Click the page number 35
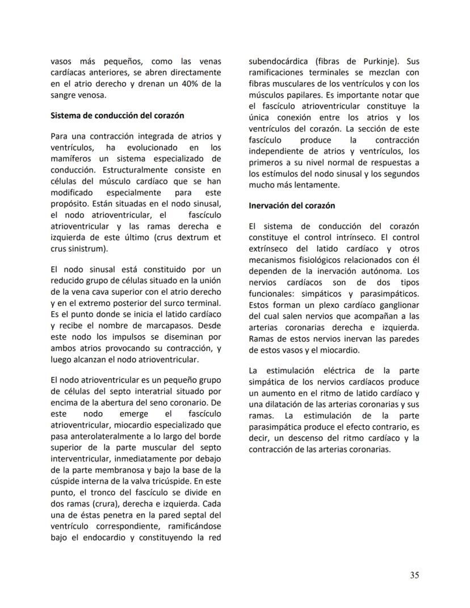click(x=414, y=575)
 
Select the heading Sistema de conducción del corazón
click(x=117, y=116)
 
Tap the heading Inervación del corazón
click(x=292, y=206)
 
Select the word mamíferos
click(x=70, y=158)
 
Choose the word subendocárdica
click(x=278, y=62)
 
